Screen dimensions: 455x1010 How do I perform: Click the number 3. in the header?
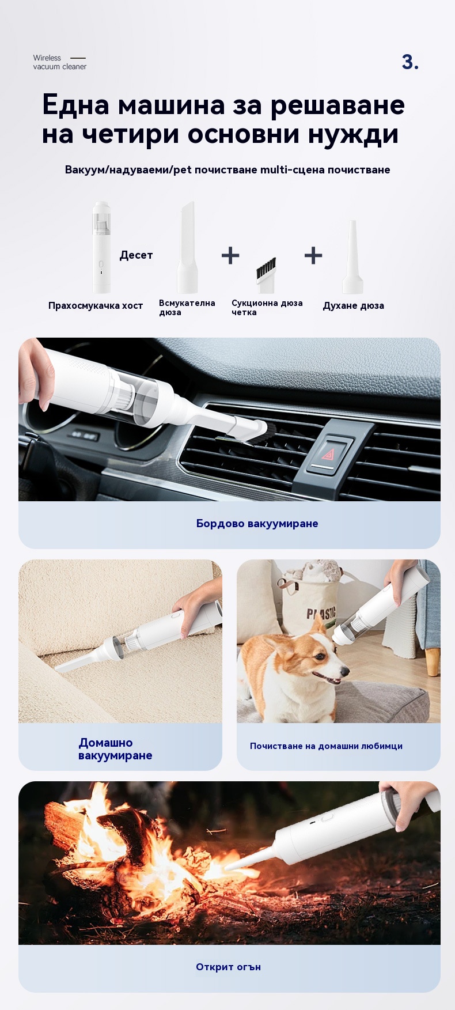(410, 62)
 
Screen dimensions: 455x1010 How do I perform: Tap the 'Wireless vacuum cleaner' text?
(59, 62)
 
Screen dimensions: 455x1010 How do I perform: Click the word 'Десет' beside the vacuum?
(136, 255)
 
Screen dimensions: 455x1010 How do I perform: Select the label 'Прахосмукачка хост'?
(96, 305)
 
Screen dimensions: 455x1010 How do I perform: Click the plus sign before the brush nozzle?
(230, 255)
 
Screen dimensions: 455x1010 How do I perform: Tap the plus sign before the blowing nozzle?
(313, 255)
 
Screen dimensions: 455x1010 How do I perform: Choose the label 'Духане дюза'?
(353, 306)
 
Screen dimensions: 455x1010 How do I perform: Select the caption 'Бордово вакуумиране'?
(257, 524)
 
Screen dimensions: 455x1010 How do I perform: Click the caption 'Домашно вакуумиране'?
(115, 749)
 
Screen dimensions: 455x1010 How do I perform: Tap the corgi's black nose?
(345, 671)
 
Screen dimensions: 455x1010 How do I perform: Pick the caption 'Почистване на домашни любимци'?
(326, 746)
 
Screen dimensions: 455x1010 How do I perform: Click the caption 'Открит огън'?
(228, 967)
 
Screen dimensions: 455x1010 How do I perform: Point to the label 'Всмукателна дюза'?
(187, 308)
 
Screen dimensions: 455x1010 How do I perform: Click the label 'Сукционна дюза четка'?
(267, 308)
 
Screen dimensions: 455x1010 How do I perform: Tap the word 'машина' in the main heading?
(171, 105)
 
